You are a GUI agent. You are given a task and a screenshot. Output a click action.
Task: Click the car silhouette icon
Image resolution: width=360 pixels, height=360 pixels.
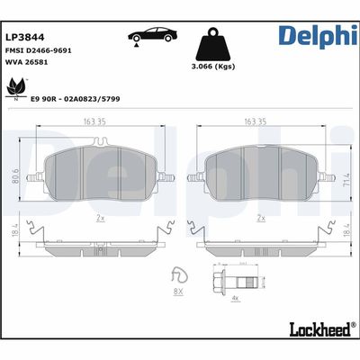(155, 35)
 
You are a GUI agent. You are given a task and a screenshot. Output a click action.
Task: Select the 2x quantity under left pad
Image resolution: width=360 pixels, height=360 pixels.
(101, 218)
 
